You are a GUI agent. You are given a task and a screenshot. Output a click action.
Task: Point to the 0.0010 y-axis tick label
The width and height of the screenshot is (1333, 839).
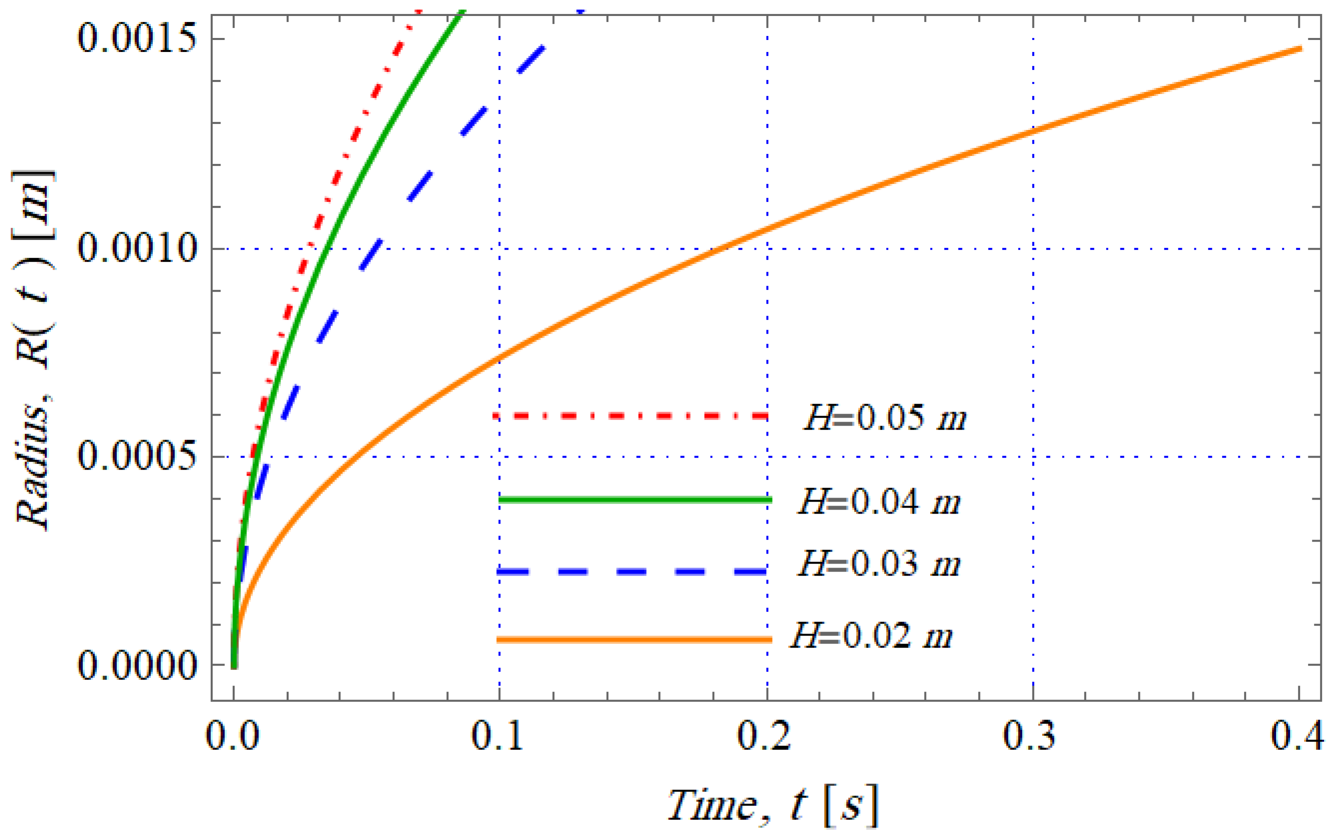pos(137,249)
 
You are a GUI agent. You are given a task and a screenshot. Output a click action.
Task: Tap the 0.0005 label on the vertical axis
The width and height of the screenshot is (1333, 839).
pos(137,457)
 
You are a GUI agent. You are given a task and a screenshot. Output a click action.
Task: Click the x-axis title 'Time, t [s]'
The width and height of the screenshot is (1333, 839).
pos(773,806)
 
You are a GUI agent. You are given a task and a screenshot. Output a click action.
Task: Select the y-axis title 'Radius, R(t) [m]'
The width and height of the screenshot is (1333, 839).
pos(34,350)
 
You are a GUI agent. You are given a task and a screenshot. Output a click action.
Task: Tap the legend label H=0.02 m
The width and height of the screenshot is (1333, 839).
pos(871,636)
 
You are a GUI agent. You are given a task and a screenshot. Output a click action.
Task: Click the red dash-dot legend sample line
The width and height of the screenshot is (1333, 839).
pos(631,415)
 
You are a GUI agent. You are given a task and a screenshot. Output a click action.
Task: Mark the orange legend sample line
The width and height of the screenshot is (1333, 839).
pos(634,640)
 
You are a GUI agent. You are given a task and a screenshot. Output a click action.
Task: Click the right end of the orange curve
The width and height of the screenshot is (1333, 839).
pos(1300,49)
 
